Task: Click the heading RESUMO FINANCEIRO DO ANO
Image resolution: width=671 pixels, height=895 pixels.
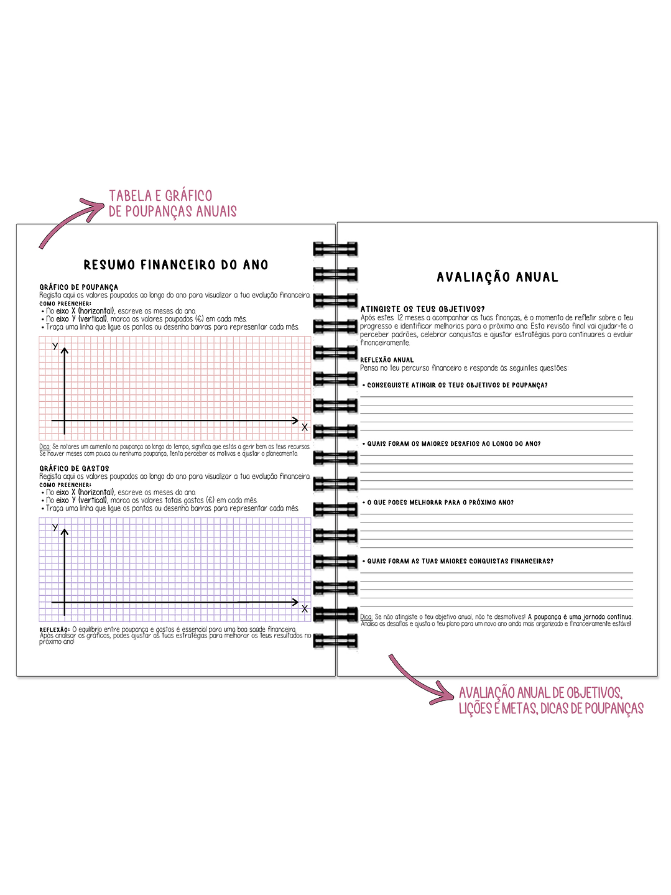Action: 176,265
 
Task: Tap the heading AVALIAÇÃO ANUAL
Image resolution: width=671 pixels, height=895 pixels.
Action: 497,277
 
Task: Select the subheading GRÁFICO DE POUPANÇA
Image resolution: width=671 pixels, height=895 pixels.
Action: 79,287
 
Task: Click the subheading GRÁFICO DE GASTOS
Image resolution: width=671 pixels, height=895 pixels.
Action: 75,468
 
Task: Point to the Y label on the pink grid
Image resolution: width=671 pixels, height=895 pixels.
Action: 55,346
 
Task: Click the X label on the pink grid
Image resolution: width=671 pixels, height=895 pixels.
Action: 305,427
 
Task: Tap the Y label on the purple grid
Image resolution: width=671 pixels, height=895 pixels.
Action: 55,527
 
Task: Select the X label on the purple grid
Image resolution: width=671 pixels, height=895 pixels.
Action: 305,609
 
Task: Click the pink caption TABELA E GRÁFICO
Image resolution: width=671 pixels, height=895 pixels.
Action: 160,195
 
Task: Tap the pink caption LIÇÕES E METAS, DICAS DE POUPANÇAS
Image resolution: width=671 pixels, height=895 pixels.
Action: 551,708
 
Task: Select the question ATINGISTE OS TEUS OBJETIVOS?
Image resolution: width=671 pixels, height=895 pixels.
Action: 423,309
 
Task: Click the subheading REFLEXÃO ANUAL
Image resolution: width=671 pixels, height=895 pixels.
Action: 387,360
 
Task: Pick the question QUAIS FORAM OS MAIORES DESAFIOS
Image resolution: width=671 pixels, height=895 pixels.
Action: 453,444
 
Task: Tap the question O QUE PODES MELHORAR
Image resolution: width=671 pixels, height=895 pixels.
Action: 440,503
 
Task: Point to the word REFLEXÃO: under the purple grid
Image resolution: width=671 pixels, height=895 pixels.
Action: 55,629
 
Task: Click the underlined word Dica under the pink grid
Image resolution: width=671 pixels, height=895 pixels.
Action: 44,447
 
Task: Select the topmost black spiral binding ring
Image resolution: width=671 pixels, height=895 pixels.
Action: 335,249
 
